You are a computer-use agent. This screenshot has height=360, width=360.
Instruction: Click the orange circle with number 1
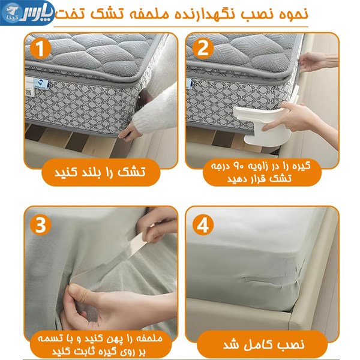tap(40, 49)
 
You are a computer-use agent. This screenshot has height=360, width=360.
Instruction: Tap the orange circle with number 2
tap(203, 48)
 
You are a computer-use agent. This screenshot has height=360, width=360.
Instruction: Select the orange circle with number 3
tap(40, 225)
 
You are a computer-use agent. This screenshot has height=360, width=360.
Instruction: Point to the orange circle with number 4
tap(203, 225)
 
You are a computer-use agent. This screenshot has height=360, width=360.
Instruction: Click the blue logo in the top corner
tap(27, 13)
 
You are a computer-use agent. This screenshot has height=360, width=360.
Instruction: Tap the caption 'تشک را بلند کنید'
tap(100, 172)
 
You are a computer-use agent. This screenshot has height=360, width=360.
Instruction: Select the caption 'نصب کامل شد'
tap(264, 344)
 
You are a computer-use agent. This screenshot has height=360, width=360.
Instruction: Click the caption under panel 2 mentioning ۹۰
tap(261, 172)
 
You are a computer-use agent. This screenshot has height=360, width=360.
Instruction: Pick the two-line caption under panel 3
tap(100, 344)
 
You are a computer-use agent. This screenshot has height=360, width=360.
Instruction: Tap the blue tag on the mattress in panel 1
tap(41, 83)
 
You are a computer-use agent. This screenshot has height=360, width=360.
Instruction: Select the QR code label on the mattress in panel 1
tap(28, 92)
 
